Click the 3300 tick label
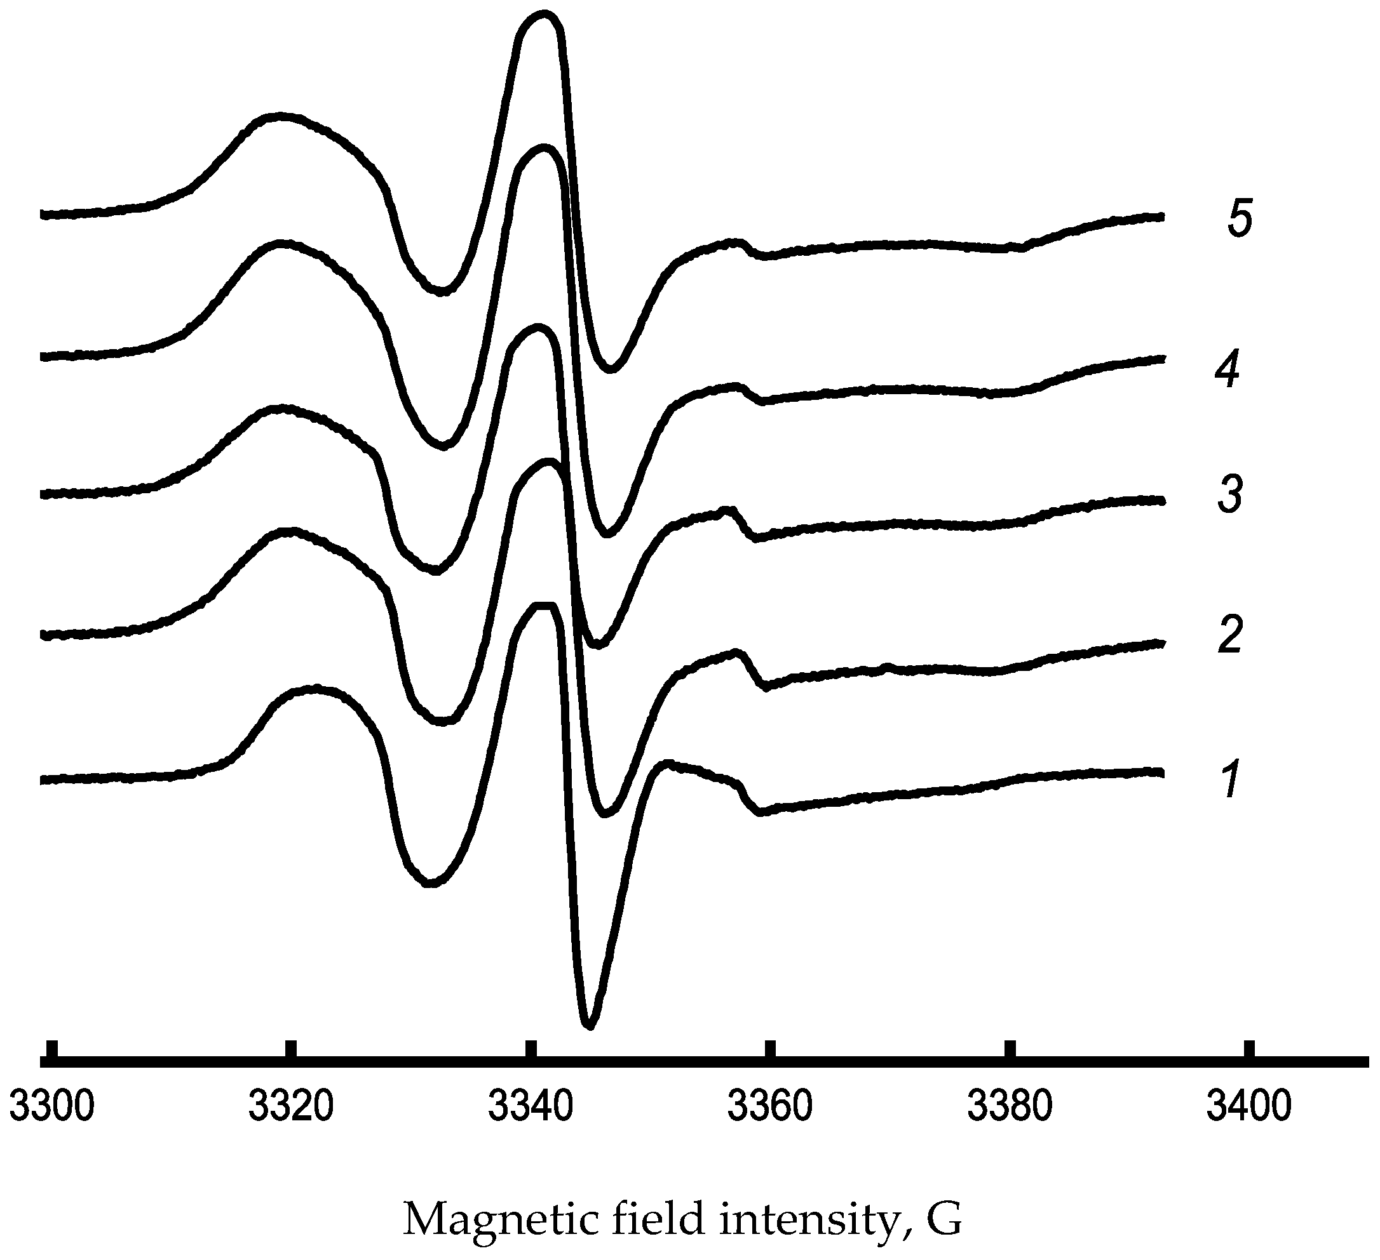tap(52, 1108)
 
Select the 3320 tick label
tap(291, 1108)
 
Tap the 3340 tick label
tap(531, 1108)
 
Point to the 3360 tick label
tap(770, 1108)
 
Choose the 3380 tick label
tap(1010, 1108)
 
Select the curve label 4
tap(1228, 371)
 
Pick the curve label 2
tap(1230, 635)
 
